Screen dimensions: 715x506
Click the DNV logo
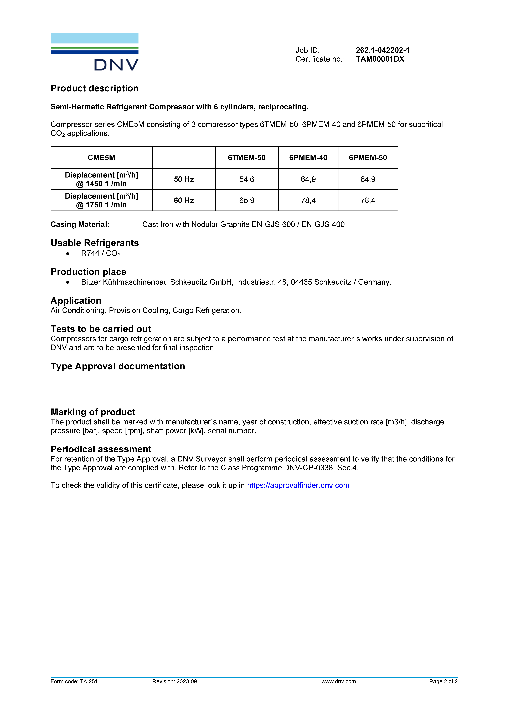click(x=94, y=52)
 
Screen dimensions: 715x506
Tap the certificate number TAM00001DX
click(x=380, y=59)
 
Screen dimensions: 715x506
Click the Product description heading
click(x=94, y=88)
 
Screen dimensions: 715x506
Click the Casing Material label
click(x=80, y=225)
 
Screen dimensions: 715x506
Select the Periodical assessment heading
click(x=101, y=449)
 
